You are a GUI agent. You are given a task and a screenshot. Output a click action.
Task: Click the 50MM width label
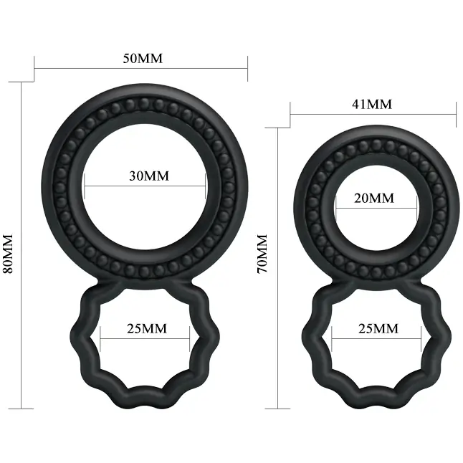pyautogui.click(x=143, y=58)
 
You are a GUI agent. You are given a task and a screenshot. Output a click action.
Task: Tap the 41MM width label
pyautogui.click(x=372, y=104)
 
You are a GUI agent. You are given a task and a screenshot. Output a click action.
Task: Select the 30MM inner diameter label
pyautogui.click(x=149, y=176)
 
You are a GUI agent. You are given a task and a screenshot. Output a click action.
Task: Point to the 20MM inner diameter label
pyautogui.click(x=374, y=198)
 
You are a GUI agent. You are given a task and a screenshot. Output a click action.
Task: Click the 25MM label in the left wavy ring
pyautogui.click(x=147, y=328)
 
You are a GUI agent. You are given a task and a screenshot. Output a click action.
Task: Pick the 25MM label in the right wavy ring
pyautogui.click(x=378, y=328)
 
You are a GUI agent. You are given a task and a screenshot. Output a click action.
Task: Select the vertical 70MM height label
pyautogui.click(x=262, y=254)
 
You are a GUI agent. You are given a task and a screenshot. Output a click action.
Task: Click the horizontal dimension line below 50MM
pyautogui.click(x=141, y=69)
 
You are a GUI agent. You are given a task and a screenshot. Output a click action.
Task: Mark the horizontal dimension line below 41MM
pyautogui.click(x=373, y=115)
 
